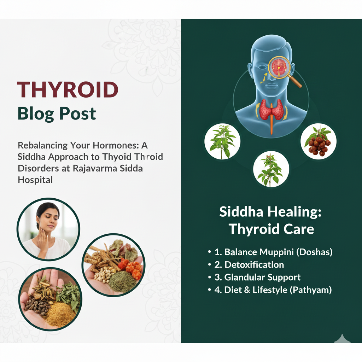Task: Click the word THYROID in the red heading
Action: [x=68, y=89]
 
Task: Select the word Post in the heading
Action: [x=77, y=113]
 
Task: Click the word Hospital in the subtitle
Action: [x=35, y=180]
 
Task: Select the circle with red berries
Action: [x=319, y=141]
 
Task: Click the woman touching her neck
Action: [x=48, y=229]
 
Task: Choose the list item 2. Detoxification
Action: [x=249, y=265]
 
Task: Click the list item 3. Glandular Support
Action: [x=257, y=277]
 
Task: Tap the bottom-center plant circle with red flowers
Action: [x=271, y=169]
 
